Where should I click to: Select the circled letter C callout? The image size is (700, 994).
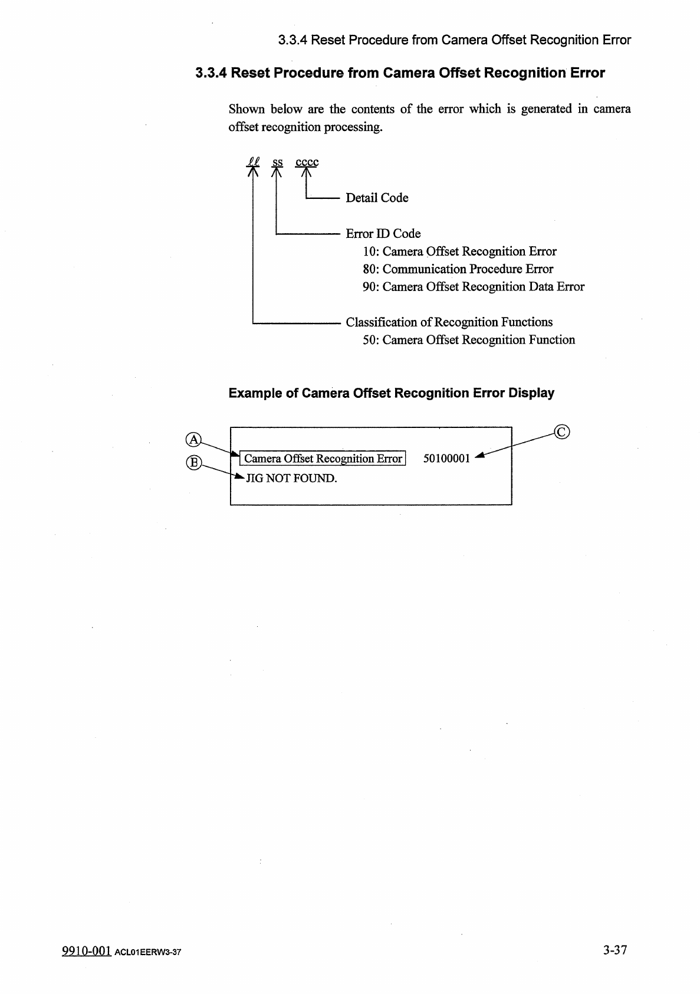(562, 433)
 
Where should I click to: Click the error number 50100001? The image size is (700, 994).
(446, 459)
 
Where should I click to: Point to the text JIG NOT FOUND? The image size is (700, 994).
(291, 478)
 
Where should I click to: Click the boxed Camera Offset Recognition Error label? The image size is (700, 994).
(323, 459)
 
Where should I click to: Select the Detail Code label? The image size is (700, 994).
(377, 198)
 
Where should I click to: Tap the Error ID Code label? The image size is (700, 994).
(383, 234)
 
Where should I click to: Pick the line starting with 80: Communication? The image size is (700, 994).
(458, 269)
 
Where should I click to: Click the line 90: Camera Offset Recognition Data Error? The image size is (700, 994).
(473, 287)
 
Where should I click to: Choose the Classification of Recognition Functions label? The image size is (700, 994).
(449, 322)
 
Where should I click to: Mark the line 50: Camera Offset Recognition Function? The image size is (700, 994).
(468, 340)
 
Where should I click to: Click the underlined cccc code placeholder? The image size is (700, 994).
(307, 162)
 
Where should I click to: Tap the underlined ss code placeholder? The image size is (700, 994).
(277, 162)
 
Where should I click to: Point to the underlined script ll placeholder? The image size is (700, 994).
(253, 161)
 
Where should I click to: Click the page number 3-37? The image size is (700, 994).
(614, 950)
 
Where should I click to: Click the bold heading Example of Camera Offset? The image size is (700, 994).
(391, 393)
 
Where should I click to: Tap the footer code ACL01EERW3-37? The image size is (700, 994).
(148, 953)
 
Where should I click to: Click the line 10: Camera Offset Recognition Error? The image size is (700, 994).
(459, 251)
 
